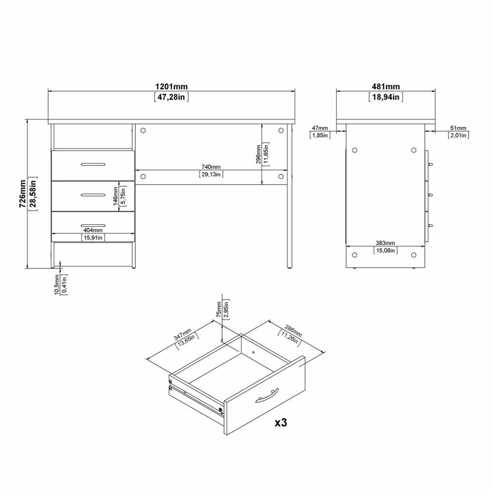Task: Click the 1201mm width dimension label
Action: pyautogui.click(x=171, y=87)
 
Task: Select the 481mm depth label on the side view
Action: pyautogui.click(x=386, y=87)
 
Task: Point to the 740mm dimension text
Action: pyautogui.click(x=211, y=167)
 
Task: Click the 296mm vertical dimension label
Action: pyautogui.click(x=259, y=154)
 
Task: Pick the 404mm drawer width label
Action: pyautogui.click(x=93, y=230)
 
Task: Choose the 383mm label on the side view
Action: pyautogui.click(x=385, y=243)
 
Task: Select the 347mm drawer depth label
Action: pyautogui.click(x=182, y=334)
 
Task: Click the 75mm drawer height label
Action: pyautogui.click(x=218, y=309)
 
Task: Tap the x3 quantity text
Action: pyautogui.click(x=281, y=422)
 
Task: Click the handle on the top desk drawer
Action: pyautogui.click(x=93, y=164)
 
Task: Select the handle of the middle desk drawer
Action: pyautogui.click(x=93, y=195)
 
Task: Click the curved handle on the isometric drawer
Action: pyautogui.click(x=267, y=396)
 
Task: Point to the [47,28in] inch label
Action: pyautogui.click(x=171, y=97)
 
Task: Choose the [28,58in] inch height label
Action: pyautogui.click(x=33, y=194)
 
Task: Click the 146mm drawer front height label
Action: pyautogui.click(x=116, y=196)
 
